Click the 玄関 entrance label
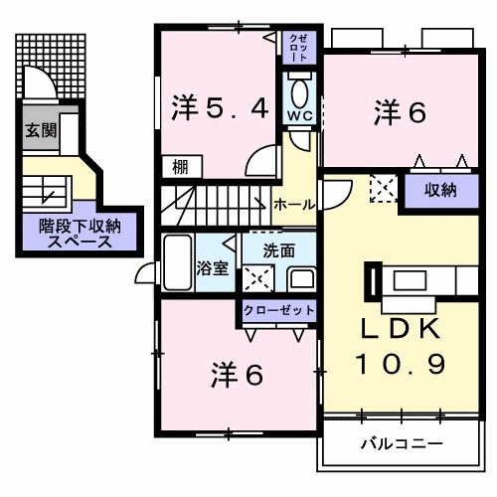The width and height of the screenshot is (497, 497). [40, 129]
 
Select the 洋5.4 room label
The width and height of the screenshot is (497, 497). [221, 107]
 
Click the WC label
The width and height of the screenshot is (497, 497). [301, 115]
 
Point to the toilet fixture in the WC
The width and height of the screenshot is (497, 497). [301, 91]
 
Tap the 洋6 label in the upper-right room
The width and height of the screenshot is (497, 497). [401, 112]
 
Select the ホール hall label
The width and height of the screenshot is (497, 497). [294, 204]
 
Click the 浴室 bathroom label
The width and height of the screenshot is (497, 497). [213, 266]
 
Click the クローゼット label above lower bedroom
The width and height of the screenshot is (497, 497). [279, 310]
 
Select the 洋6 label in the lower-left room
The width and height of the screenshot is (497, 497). [237, 375]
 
